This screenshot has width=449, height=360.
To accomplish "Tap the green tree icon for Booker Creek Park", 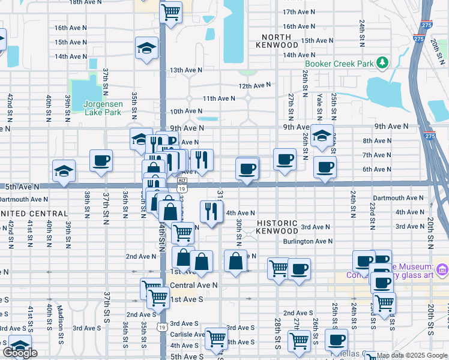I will [x=381, y=63].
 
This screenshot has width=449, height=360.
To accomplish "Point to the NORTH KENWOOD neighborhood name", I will [x=277, y=41].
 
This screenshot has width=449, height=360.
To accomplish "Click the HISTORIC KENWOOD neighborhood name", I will [x=277, y=226].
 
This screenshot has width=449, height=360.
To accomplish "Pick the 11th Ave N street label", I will [x=218, y=98].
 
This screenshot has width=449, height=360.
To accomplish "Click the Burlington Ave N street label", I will [x=308, y=241].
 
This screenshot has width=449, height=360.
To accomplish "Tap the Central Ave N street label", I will [x=194, y=285].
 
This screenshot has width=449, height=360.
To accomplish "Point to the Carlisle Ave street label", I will [x=187, y=335].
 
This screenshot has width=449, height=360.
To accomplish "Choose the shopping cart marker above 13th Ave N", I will [x=171, y=11].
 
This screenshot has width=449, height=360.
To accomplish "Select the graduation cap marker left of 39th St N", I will [x=64, y=171].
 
